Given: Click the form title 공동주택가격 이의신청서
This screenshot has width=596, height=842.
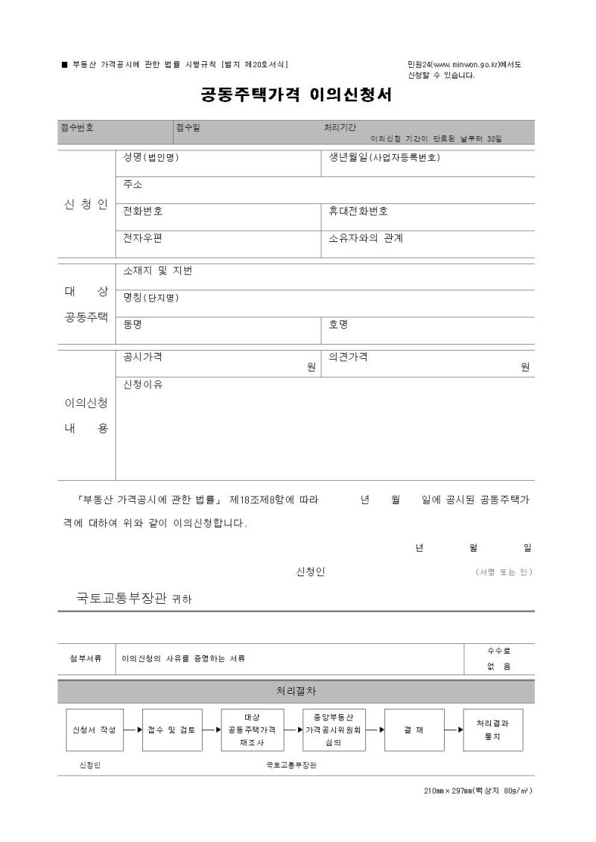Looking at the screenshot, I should pos(296,95).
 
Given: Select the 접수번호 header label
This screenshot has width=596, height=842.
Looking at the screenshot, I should pos(77,127).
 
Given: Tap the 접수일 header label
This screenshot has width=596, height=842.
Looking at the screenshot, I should pos(188,127).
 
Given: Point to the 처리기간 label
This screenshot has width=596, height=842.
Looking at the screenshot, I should pos(340,127).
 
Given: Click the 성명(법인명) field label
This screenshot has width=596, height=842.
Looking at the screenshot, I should pos(151,158).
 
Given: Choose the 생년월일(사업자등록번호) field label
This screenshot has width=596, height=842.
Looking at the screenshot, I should pos(384,158).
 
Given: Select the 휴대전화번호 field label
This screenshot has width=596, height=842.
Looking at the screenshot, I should pos(358,211).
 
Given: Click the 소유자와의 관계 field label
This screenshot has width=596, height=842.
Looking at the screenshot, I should pos(366,238).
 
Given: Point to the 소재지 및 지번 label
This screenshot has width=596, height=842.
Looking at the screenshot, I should pos(158,271).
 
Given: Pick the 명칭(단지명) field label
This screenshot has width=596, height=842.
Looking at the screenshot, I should pos(151,298).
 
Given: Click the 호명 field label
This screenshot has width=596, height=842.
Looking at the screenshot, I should pos(338,325).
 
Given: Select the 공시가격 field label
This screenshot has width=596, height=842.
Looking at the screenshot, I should pos(143,357).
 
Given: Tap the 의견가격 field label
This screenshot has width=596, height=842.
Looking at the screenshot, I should pos(348,357).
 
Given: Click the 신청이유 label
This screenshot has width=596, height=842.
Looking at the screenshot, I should pos(143,384).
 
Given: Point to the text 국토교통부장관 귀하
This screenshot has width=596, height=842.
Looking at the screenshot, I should pos(134,598).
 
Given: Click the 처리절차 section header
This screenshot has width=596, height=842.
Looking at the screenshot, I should pos(296,692).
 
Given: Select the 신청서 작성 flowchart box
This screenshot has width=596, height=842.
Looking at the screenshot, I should pos(92,730).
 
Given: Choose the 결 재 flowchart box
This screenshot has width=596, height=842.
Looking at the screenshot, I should pos(414,730).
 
